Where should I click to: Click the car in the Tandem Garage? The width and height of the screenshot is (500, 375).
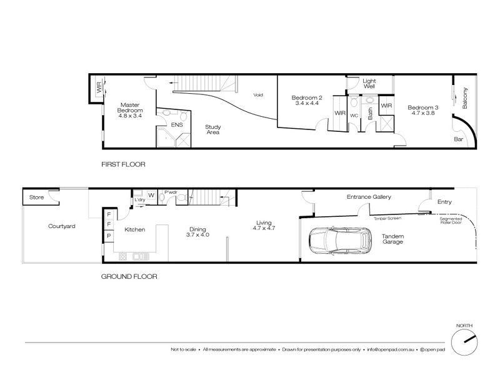tap(340, 241)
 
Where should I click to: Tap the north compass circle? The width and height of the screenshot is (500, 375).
tap(464, 342)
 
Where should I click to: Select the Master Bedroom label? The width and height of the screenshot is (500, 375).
tap(130, 107)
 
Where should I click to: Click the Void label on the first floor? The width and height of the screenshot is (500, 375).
tap(258, 95)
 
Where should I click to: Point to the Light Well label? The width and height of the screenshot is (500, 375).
tap(369, 84)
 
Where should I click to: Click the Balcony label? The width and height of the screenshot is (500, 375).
tap(464, 98)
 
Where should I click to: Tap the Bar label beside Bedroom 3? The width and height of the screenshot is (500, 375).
tap(458, 139)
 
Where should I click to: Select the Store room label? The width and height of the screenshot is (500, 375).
tap(36, 197)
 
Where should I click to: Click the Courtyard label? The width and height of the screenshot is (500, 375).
tap(61, 226)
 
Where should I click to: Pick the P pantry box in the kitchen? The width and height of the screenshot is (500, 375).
tap(109, 236)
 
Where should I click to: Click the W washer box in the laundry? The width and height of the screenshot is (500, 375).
tap(151, 195)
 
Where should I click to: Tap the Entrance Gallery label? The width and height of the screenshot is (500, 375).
tap(369, 197)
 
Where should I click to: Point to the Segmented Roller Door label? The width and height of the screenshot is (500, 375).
tap(451, 221)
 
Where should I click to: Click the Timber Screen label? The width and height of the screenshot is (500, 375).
tap(387, 218)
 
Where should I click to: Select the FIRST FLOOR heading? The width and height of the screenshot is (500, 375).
tap(123, 164)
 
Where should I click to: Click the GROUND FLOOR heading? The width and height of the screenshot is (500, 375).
tap(129, 276)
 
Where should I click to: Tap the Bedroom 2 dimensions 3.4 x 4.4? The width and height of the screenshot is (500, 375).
tap(307, 103)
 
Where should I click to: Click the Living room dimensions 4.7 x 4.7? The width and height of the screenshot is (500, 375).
tap(264, 228)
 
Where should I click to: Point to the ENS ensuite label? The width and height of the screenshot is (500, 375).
tap(177, 124)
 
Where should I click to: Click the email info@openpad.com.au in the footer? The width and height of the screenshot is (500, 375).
tap(390, 349)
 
